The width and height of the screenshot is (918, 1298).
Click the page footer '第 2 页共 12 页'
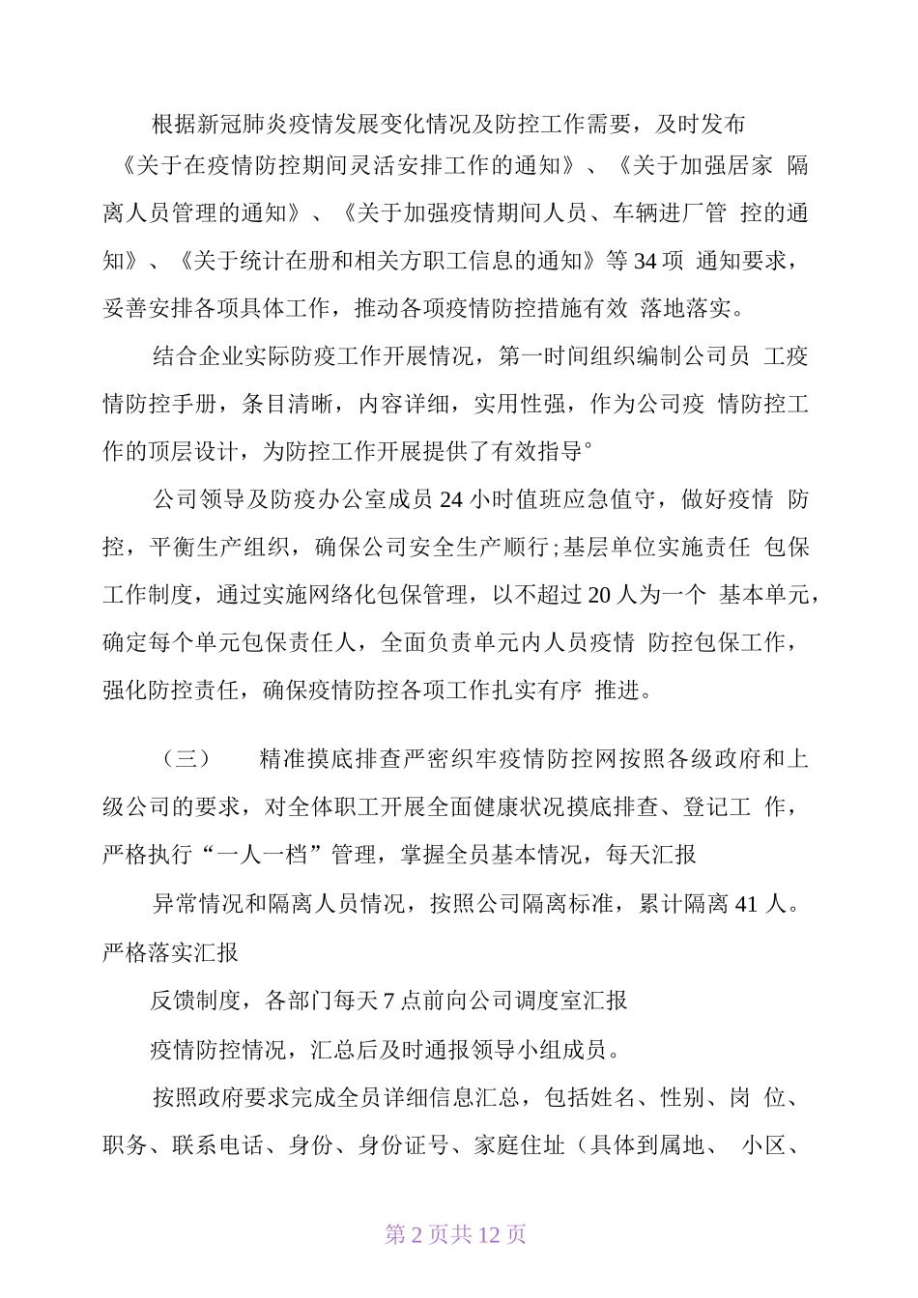(455, 1234)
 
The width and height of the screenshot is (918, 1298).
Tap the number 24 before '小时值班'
(452, 499)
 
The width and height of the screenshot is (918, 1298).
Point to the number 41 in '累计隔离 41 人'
(746, 905)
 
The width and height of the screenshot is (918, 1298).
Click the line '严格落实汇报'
(170, 953)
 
